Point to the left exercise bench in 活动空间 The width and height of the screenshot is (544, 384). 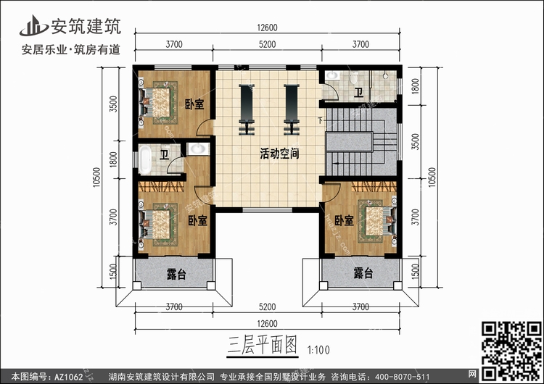click(247, 108)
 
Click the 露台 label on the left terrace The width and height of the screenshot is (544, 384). click(176, 274)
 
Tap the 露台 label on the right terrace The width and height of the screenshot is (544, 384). click(363, 274)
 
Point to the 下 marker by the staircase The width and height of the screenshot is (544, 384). click(321, 120)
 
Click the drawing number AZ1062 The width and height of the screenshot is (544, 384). click(63, 377)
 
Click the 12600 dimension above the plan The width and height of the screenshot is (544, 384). click(267, 29)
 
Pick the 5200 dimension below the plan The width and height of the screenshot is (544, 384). click(267, 307)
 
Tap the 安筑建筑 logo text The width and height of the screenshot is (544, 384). click(90, 26)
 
